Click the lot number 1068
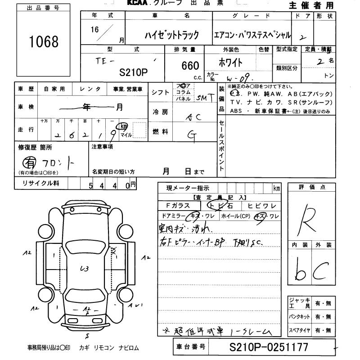tap(44, 42)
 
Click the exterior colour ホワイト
tap(231, 62)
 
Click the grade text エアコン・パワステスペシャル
tap(252, 36)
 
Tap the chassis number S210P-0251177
tap(269, 347)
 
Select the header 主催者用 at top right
tap(318, 5)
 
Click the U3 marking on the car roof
tap(85, 269)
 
